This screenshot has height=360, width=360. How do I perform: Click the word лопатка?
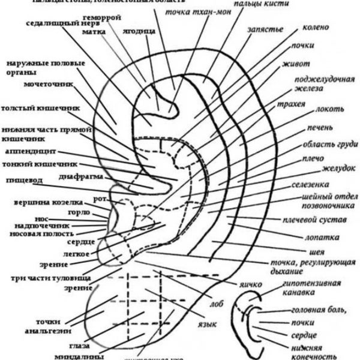tap(312, 237)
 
